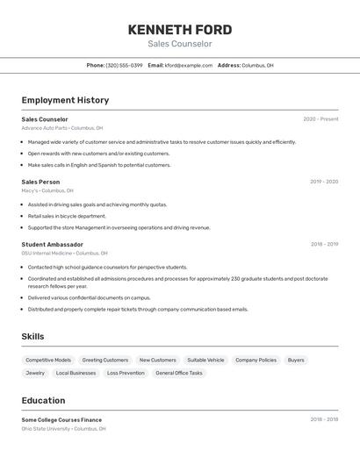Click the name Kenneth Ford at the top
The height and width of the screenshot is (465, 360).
coord(180,30)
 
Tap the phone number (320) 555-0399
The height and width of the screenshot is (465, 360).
coord(124,65)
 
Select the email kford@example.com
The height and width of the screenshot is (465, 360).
coord(189,65)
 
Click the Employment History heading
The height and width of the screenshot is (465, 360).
coord(65,100)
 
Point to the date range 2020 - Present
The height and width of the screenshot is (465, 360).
coord(320,119)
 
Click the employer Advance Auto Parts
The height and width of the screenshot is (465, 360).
coord(44,128)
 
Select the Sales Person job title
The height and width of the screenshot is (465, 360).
coord(40,182)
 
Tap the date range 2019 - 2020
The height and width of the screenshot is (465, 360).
coord(324,182)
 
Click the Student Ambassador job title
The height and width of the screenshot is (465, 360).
coord(53,245)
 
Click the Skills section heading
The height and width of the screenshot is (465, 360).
coord(32,336)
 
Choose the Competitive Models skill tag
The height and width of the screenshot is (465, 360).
coord(48,360)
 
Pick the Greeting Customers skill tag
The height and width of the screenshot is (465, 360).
coord(105,360)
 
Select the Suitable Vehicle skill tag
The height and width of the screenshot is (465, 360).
coord(205,360)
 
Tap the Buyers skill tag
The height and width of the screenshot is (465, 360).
coord(296,360)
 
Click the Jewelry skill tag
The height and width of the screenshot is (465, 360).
coord(35,373)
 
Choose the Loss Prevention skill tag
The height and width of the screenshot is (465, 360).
coord(126,373)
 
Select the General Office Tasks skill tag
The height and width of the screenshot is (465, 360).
coord(179,373)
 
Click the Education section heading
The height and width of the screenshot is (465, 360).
coord(43,399)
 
